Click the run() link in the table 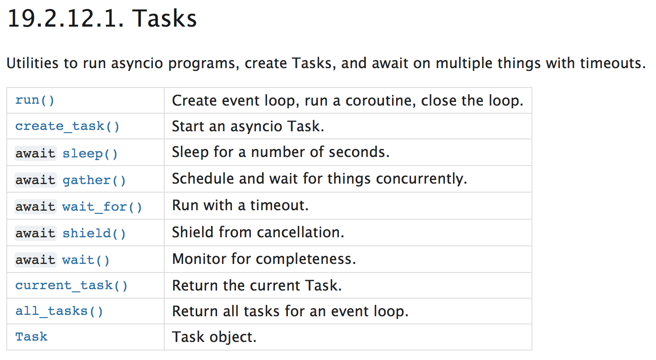(x=35, y=100)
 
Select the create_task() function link (x=67, y=126)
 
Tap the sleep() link (x=90, y=153)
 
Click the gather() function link (x=94, y=180)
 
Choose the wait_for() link (x=102, y=207)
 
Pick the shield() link (x=94, y=233)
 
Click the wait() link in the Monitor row (x=86, y=260)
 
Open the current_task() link (x=71, y=285)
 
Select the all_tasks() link (x=59, y=311)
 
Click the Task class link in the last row (x=31, y=337)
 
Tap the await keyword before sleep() (x=36, y=153)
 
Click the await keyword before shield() (x=36, y=233)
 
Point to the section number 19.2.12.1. (x=65, y=18)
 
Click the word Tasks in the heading (x=164, y=18)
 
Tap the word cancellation (x=300, y=232)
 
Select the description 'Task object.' (x=214, y=337)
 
